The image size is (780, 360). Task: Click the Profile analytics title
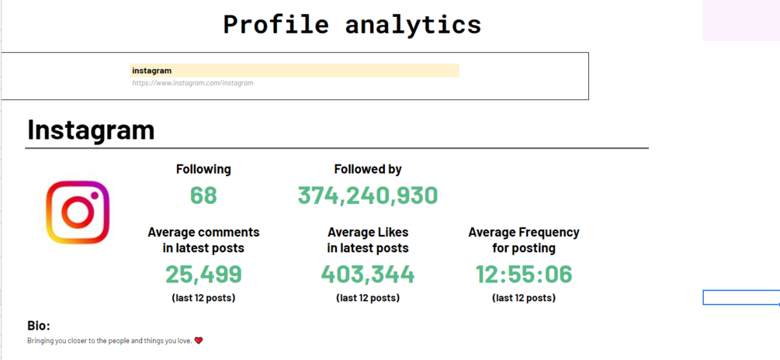[x=352, y=24]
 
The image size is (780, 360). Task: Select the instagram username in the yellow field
[x=152, y=71]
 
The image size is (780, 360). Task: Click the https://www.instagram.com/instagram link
[x=192, y=83]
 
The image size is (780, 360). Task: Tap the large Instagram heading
[x=91, y=130]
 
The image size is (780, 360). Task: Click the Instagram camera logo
[x=78, y=213]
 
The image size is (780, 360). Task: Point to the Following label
[x=203, y=169]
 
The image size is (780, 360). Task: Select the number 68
[x=203, y=196]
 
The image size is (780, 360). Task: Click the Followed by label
[x=368, y=169]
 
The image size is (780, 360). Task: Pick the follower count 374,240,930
[x=368, y=196]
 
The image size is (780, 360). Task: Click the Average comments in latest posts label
[x=203, y=240]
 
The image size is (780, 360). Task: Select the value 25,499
[x=203, y=274]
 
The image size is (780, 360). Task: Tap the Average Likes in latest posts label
[x=368, y=240]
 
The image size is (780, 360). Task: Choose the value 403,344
[x=368, y=274]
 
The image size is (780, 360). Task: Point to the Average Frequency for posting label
[x=524, y=240]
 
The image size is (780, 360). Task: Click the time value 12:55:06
[x=524, y=274]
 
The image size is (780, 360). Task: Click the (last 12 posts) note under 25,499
[x=203, y=298]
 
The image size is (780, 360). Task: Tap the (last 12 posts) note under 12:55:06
[x=524, y=298]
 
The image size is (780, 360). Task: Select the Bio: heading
[x=39, y=326]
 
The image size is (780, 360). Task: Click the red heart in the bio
[x=199, y=341]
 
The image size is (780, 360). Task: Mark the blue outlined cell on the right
[x=740, y=298]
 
